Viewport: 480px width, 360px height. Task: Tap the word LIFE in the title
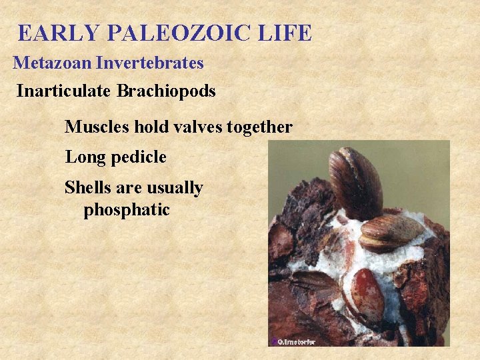287,33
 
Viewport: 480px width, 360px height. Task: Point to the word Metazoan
53,63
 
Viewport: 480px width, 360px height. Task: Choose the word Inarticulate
64,91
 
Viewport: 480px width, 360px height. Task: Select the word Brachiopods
166,91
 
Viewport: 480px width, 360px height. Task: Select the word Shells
87,188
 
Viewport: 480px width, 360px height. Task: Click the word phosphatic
127,211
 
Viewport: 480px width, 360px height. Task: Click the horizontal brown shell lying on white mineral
391,231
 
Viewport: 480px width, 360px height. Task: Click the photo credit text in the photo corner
294,342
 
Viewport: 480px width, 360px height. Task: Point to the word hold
150,127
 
